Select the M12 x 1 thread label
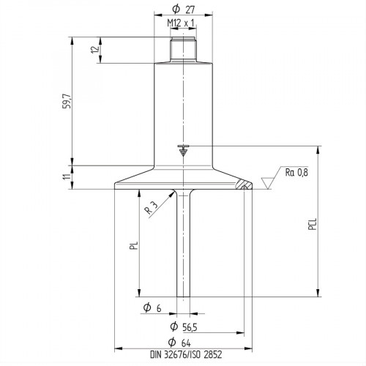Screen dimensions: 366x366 [180, 24]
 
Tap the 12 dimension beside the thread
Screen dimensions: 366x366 [94, 52]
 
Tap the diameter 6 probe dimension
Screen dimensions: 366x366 [154, 308]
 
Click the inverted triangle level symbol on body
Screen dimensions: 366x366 [183, 151]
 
